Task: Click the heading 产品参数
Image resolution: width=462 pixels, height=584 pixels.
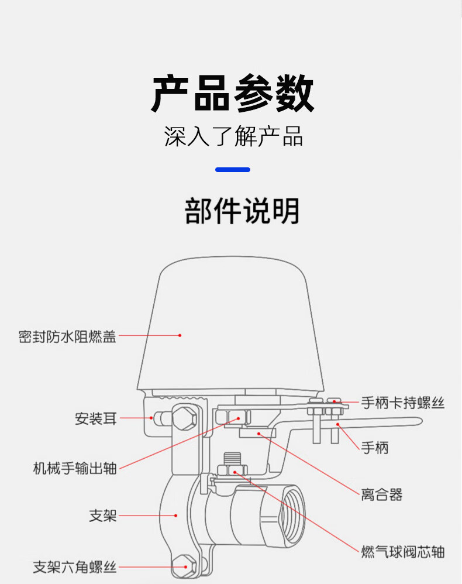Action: pyautogui.click(x=233, y=93)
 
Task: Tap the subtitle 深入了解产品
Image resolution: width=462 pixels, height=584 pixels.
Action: pyautogui.click(x=233, y=136)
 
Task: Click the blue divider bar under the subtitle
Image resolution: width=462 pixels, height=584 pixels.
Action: pyautogui.click(x=233, y=170)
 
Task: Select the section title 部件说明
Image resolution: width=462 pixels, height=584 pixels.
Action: pyautogui.click(x=242, y=211)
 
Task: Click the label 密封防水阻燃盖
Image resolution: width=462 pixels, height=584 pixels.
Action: pyautogui.click(x=67, y=336)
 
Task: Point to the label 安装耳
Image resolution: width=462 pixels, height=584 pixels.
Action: pyautogui.click(x=96, y=418)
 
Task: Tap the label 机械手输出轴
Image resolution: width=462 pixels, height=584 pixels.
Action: pyautogui.click(x=75, y=468)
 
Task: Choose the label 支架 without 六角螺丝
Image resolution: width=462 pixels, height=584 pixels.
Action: pyautogui.click(x=103, y=516)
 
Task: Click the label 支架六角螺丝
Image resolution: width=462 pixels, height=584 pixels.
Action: pyautogui.click(x=74, y=567)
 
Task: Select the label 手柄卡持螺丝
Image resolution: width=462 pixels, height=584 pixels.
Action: pyautogui.click(x=403, y=403)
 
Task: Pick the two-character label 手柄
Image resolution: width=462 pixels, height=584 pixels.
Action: pyautogui.click(x=374, y=447)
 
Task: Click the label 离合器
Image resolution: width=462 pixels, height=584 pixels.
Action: pyautogui.click(x=382, y=494)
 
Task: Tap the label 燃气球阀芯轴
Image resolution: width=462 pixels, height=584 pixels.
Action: pyautogui.click(x=403, y=552)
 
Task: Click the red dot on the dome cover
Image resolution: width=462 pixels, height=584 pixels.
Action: pyautogui.click(x=180, y=335)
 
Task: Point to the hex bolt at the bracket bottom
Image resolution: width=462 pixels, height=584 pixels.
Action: pyautogui.click(x=184, y=566)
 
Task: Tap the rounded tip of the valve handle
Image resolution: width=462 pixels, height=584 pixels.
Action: pyautogui.click(x=419, y=421)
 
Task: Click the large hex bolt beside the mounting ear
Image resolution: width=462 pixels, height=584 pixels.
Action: pyautogui.click(x=184, y=417)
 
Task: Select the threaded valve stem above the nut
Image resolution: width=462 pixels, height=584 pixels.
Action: pyautogui.click(x=232, y=459)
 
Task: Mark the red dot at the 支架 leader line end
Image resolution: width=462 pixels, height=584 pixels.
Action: pyautogui.click(x=175, y=516)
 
